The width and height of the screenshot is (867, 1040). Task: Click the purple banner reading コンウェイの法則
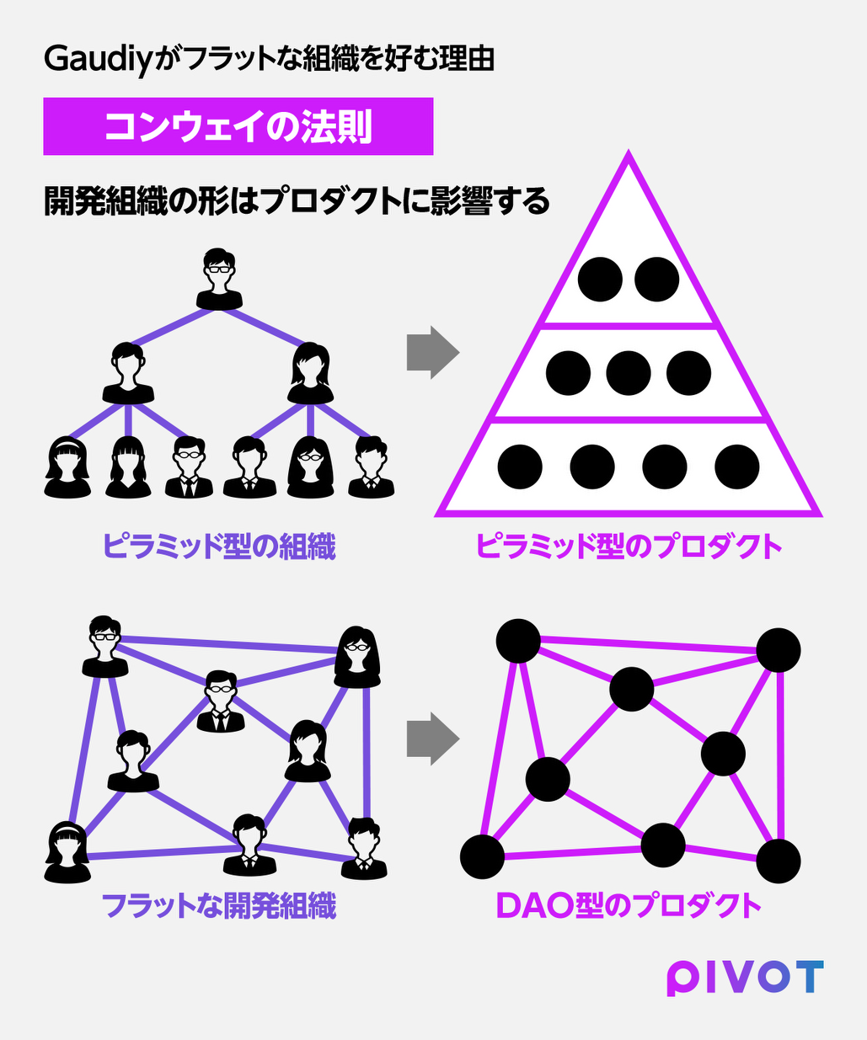pos(238,126)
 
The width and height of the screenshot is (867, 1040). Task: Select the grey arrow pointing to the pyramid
pos(433,353)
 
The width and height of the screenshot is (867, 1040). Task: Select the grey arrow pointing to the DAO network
pos(433,739)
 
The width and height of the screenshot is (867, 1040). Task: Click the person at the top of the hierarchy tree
pos(219,279)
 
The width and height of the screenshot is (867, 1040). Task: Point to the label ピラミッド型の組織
pos(219,547)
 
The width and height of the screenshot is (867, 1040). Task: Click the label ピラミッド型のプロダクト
pos(629,547)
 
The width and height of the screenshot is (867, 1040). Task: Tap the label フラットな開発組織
pos(219,906)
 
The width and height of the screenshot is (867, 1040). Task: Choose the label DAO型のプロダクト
pos(629,906)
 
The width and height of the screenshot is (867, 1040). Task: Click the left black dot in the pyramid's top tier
pos(600,280)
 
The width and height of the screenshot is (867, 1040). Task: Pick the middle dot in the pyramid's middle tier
pos(629,373)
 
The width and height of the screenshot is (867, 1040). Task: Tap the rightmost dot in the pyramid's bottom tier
pos(737,467)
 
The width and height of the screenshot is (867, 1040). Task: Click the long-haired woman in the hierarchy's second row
pos(310,373)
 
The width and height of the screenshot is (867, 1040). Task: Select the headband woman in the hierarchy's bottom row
pos(67,467)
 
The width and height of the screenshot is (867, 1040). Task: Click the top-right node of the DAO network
pos(779,650)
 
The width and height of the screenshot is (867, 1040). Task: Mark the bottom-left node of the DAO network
pos(482,857)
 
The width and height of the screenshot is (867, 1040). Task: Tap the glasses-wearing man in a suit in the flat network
pos(221,701)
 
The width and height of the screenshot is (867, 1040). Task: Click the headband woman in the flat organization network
pos(67,852)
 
